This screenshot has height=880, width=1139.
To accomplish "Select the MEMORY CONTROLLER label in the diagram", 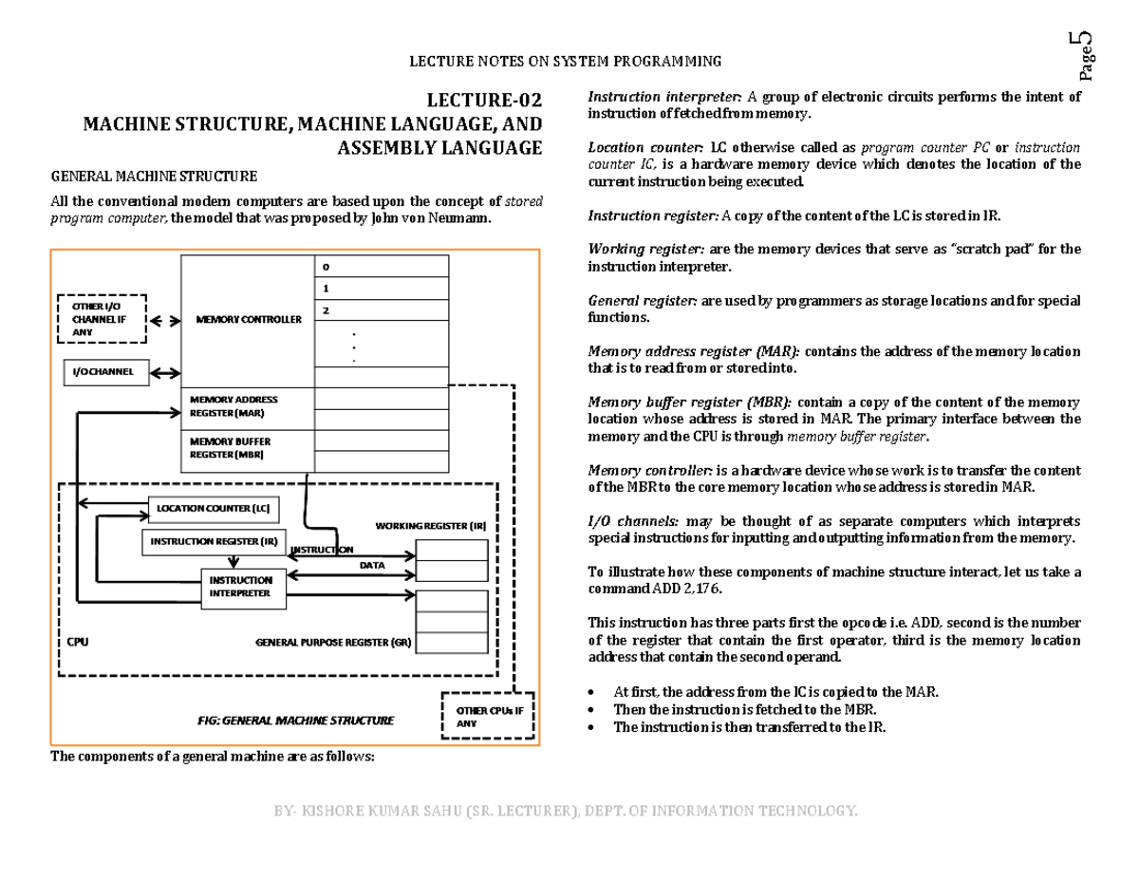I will pyautogui.click(x=248, y=320).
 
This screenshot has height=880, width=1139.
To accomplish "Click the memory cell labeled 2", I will pyautogui.click(x=382, y=310).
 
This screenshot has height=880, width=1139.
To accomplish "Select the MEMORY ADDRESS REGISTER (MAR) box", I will pyautogui.click(x=247, y=407).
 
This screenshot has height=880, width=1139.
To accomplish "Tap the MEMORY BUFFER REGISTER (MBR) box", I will pyautogui.click(x=247, y=449).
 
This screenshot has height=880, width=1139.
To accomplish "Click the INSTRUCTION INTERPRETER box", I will pyautogui.click(x=241, y=586).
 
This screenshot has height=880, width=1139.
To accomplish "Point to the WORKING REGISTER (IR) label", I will pyautogui.click(x=430, y=526).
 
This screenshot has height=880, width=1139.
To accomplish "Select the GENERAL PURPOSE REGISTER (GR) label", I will pyautogui.click(x=334, y=643).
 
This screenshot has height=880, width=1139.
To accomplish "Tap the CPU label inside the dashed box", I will pyautogui.click(x=77, y=643).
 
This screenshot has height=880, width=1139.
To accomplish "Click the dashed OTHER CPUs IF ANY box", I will pyautogui.click(x=488, y=717).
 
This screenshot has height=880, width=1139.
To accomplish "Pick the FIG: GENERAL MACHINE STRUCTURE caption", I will pyautogui.click(x=295, y=721).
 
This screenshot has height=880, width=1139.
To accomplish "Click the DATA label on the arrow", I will pyautogui.click(x=371, y=566).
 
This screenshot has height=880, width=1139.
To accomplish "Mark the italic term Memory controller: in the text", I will pyautogui.click(x=649, y=471).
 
